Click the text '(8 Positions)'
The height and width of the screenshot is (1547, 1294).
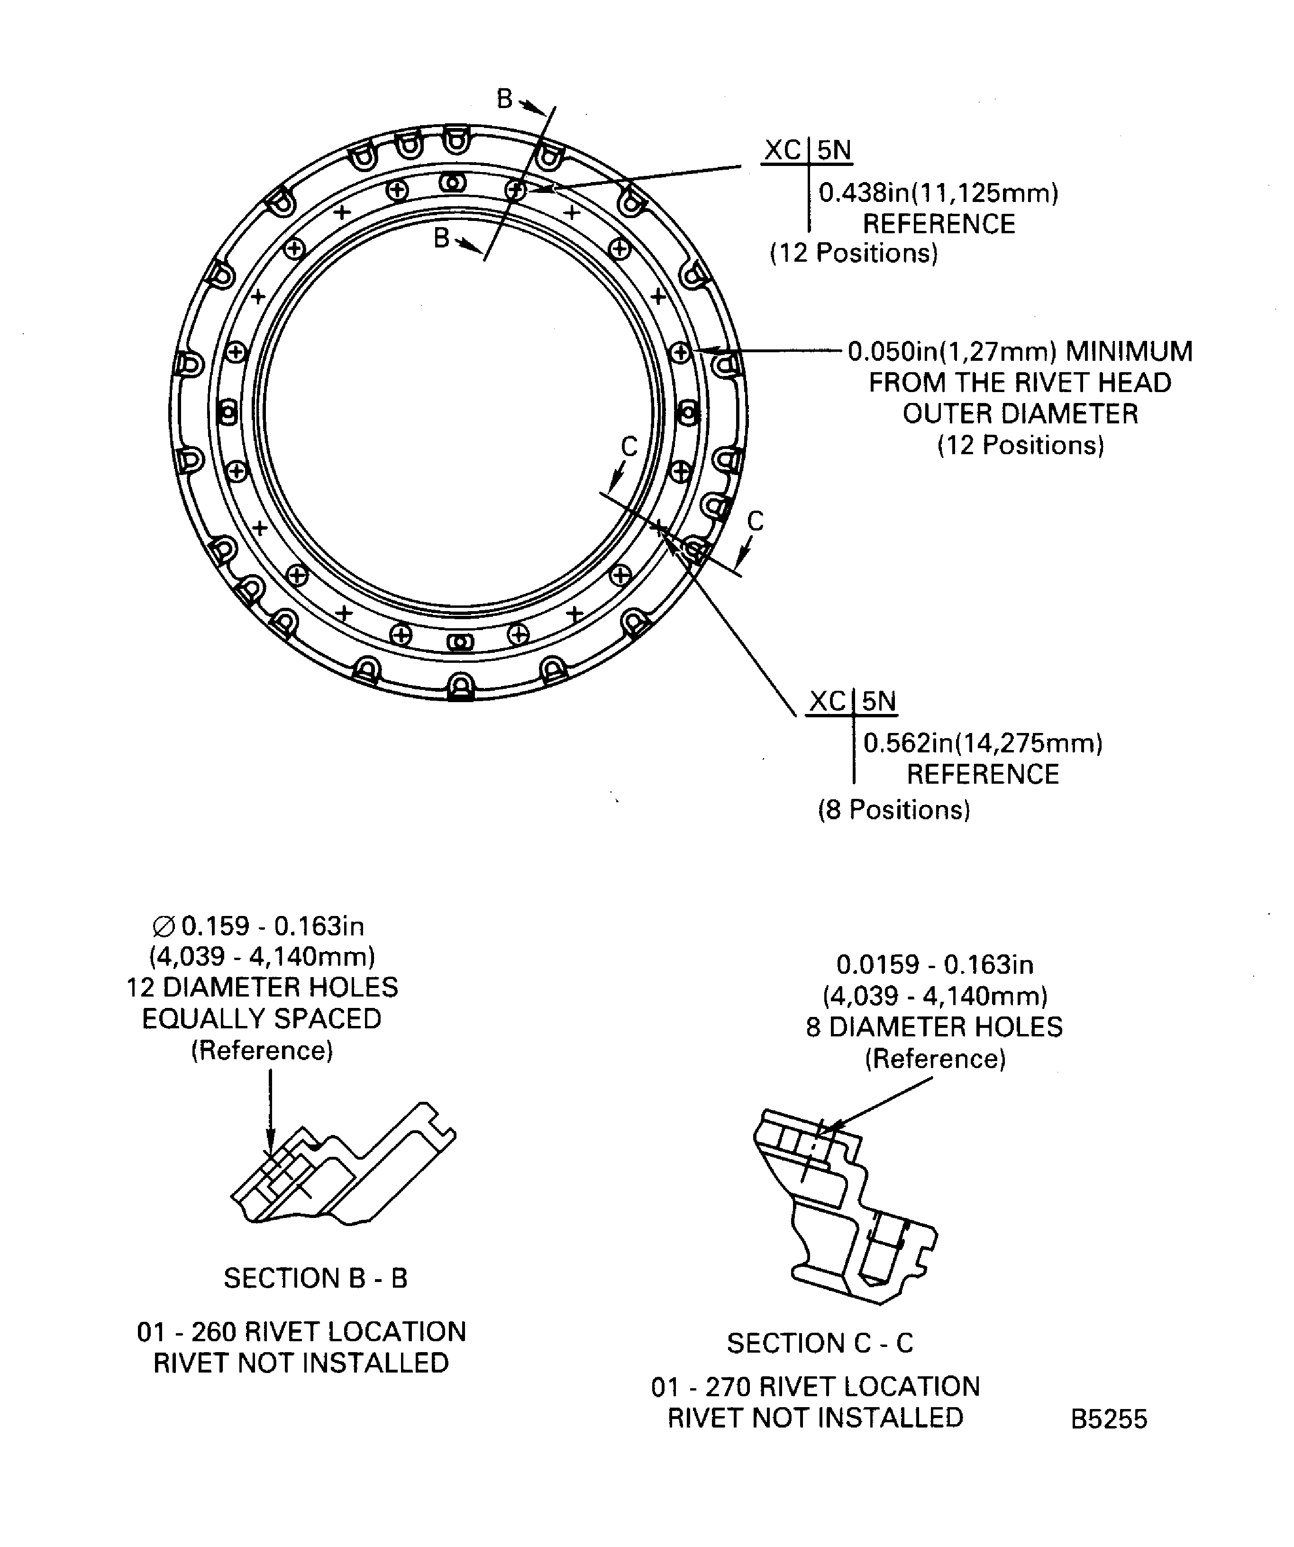coord(893,810)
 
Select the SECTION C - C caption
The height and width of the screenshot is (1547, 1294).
coord(820,1344)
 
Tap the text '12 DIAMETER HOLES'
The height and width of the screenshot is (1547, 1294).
coord(262,987)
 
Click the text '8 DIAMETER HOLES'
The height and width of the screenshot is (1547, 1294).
coord(934,1027)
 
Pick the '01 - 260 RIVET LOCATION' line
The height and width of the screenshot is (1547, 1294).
coord(301,1332)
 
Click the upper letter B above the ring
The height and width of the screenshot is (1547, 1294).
coord(504,98)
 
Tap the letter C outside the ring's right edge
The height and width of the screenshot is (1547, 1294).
coord(755,521)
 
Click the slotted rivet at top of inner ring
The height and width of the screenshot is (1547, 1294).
coord(452,182)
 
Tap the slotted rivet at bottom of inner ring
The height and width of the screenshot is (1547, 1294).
coord(460,642)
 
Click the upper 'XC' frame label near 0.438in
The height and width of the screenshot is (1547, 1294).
coord(782,150)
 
